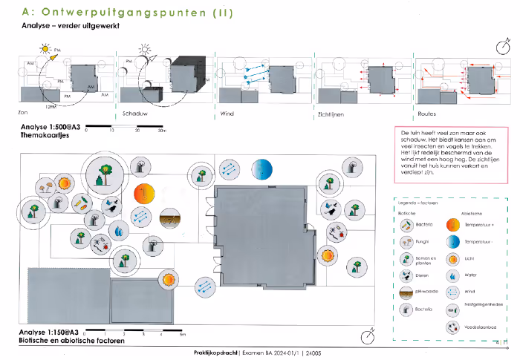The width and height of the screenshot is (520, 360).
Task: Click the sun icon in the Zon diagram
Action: [45, 50]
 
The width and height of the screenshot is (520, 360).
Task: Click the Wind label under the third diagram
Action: [227, 114]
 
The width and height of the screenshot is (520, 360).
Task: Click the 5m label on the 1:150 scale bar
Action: [182, 336]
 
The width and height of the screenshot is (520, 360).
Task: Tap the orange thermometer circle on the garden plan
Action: [143, 194]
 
